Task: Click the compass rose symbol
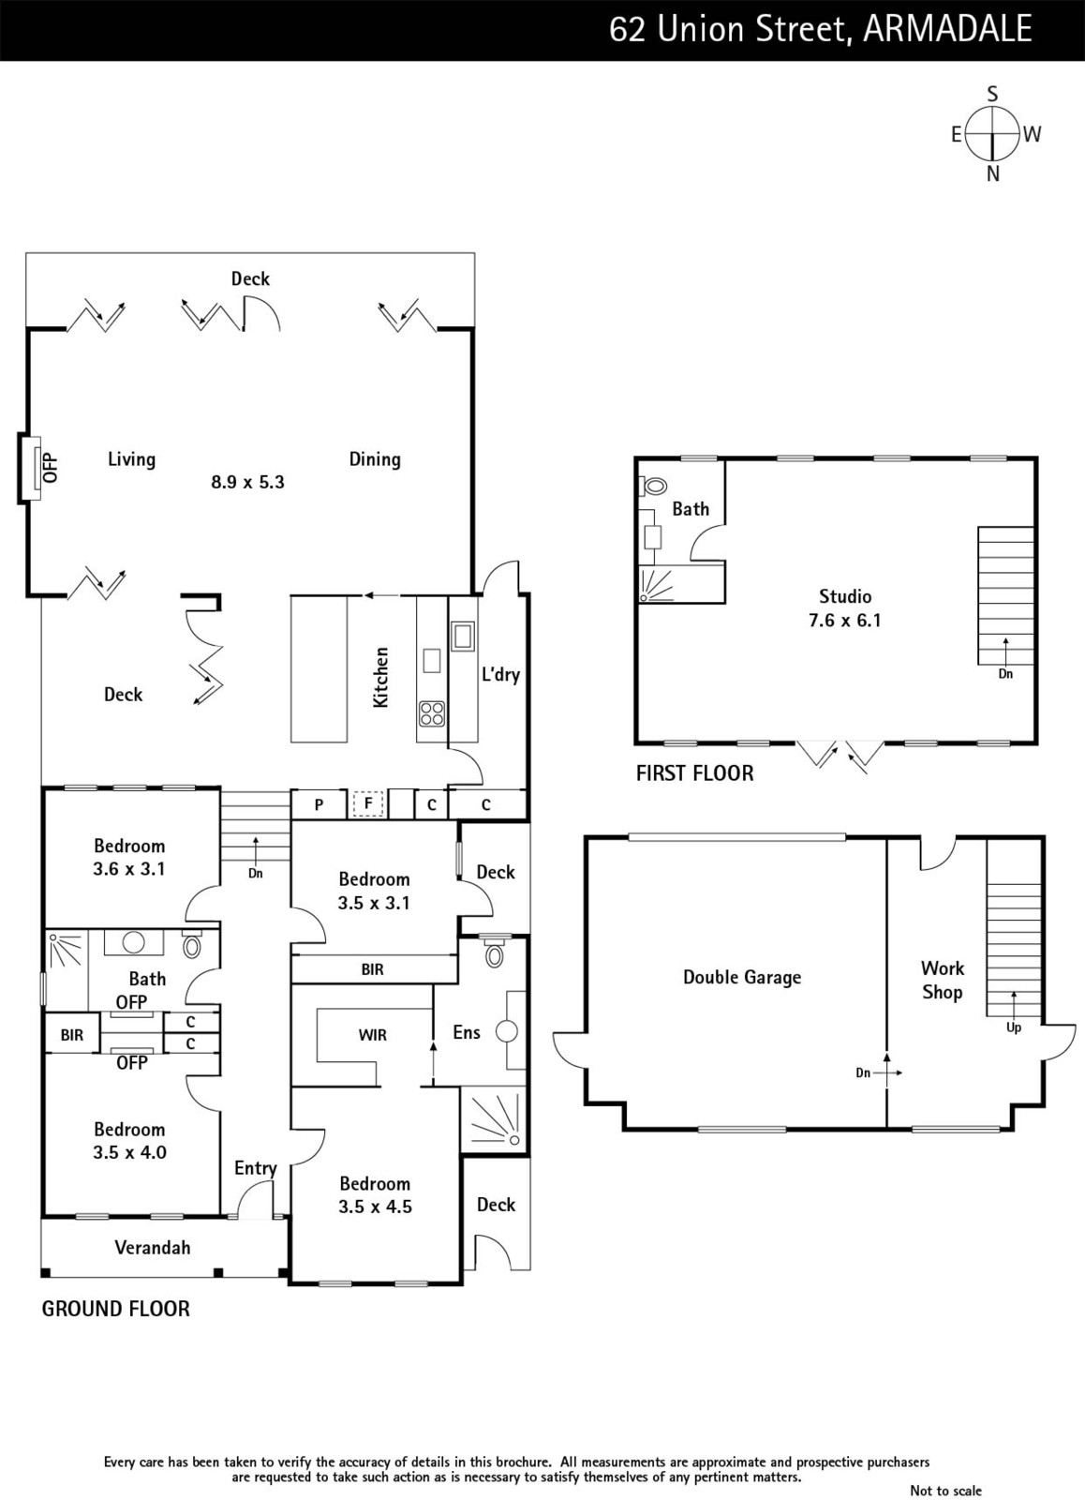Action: point(992,134)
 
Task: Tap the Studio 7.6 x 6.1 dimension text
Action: point(845,620)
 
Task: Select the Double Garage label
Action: point(742,977)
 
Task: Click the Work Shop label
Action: point(943,981)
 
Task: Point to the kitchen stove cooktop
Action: point(432,713)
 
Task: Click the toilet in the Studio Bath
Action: point(652,487)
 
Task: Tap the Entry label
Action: point(255,1168)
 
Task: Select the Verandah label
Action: point(153,1248)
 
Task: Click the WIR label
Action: point(372,1035)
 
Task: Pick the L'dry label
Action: point(500,674)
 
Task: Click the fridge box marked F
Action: point(367,803)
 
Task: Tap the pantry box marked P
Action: point(320,804)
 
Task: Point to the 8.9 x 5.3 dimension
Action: point(247,482)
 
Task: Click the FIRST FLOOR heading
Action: point(695,773)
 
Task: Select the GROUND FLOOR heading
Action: point(116,1309)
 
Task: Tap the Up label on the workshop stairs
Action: point(1014,1027)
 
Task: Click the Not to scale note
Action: point(945,1490)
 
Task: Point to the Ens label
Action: point(467,1032)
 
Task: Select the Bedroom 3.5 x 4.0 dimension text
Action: point(130,1152)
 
